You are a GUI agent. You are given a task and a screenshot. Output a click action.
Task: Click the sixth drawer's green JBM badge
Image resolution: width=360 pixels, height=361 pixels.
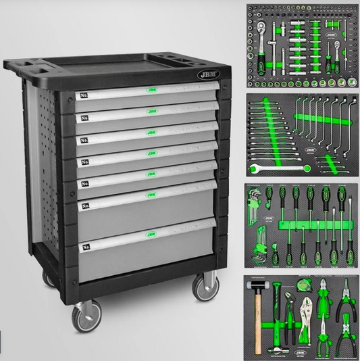(151, 195)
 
